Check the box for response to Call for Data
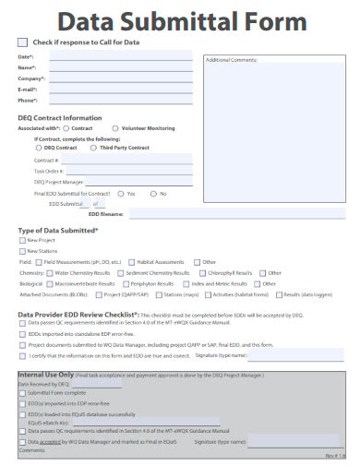[x=22, y=42]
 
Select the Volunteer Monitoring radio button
[x=114, y=128]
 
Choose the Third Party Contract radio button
[x=93, y=148]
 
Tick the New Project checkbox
[x=22, y=241]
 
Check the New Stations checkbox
[x=22, y=251]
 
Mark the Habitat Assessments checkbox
[x=132, y=262]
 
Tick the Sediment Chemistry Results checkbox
[x=119, y=273]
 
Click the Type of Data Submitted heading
[x=58, y=230]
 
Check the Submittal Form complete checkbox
[x=22, y=393]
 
